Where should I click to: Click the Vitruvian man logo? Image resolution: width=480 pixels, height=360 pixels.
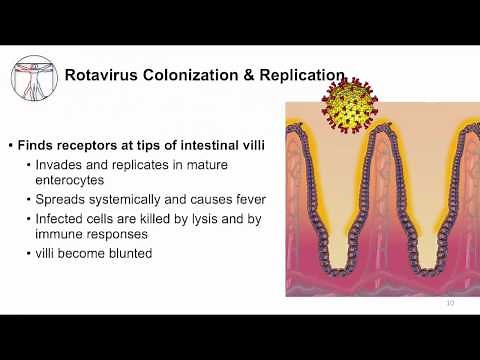[x=32, y=76]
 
